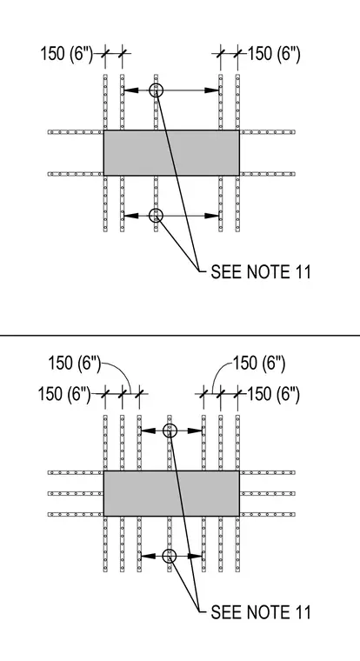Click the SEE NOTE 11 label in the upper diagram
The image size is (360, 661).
pyautogui.click(x=261, y=272)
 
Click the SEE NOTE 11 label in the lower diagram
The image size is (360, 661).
pyautogui.click(x=261, y=612)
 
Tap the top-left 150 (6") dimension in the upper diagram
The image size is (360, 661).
pyautogui.click(x=67, y=55)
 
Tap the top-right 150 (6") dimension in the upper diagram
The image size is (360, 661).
pyautogui.click(x=274, y=55)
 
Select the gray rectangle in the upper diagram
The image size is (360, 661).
pyautogui.click(x=171, y=152)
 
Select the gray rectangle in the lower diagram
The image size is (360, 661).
pyautogui.click(x=171, y=493)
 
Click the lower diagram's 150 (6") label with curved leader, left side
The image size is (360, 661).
pyautogui.click(x=75, y=364)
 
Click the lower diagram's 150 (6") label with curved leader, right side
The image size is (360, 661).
pyautogui.click(x=259, y=364)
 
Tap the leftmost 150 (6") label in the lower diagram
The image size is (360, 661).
pyautogui.click(x=64, y=394)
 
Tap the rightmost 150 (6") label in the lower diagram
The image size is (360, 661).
pyautogui.click(x=273, y=395)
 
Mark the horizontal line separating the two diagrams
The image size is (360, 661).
pyautogui.click(x=180, y=336)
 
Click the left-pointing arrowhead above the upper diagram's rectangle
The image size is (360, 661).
pyautogui.click(x=131, y=90)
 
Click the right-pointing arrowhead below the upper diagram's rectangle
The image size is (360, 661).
pyautogui.click(x=211, y=216)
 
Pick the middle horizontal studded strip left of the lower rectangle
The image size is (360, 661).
pyautogui.click(x=76, y=493)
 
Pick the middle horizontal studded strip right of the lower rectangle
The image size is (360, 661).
pyautogui.click(x=268, y=493)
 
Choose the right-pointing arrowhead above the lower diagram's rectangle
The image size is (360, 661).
pyautogui.click(x=195, y=431)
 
